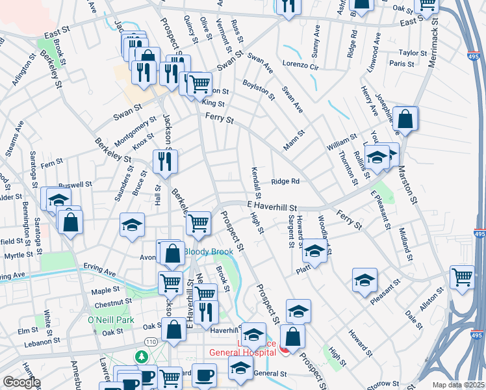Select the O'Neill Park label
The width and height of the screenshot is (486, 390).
110,320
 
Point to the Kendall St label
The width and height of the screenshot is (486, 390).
255,182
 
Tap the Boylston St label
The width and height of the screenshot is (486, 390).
259,90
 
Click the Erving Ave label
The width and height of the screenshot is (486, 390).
99,266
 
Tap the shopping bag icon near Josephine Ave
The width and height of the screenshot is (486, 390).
405,119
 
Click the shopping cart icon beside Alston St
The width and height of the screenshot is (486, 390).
462,276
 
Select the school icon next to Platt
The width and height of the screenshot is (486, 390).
315,251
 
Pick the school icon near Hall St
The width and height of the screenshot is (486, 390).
133,226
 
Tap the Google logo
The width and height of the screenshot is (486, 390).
21,382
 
